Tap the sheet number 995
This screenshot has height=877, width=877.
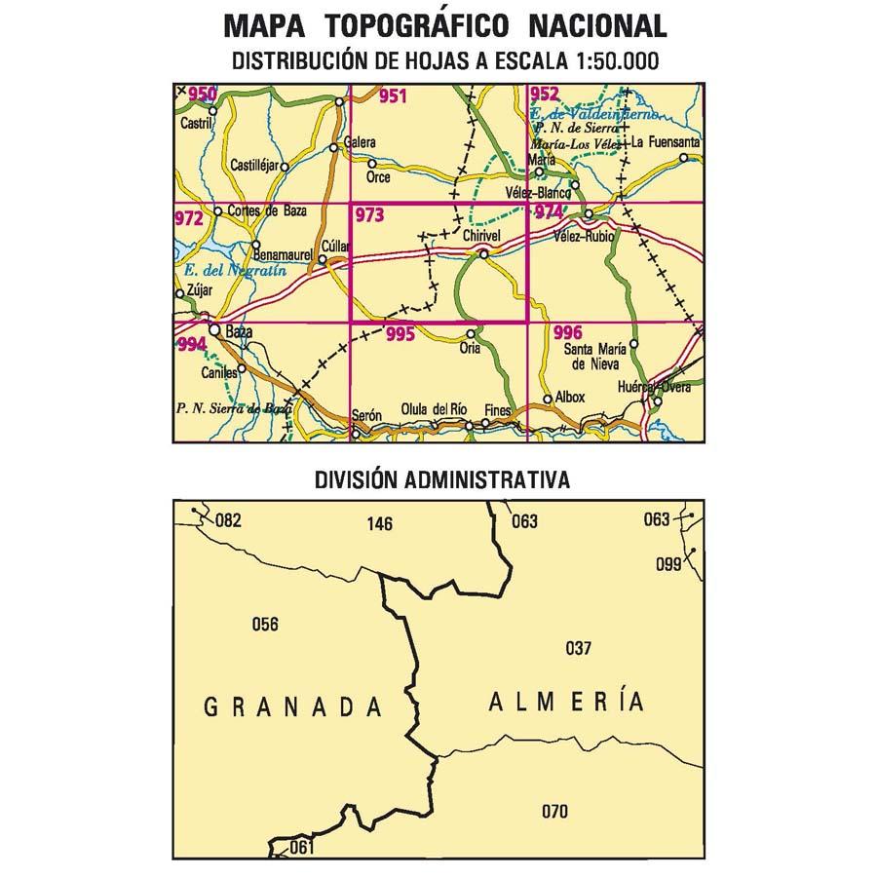[x=400, y=334]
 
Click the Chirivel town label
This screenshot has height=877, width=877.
[x=482, y=237]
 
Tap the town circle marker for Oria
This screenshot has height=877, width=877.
[x=471, y=334]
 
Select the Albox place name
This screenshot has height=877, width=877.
[x=570, y=398]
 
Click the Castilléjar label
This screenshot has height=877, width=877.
[x=252, y=167]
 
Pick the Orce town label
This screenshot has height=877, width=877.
[x=378, y=177]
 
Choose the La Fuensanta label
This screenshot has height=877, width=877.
[x=666, y=142]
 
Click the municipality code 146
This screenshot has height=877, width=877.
[x=380, y=524]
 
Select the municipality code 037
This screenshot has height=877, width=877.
[x=578, y=647]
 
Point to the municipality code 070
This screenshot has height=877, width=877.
[x=553, y=811]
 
